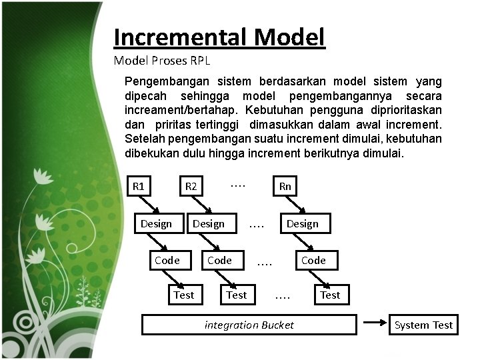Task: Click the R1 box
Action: (x=139, y=186)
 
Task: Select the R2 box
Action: (x=191, y=186)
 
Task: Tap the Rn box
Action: (x=285, y=186)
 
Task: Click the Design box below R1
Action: (x=156, y=224)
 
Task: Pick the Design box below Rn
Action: (x=302, y=224)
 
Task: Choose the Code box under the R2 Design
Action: (x=219, y=260)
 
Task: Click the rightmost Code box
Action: (x=313, y=260)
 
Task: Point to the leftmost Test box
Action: (x=183, y=295)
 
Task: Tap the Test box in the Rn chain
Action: (x=330, y=295)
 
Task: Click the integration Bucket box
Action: (x=249, y=325)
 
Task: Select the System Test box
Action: (x=423, y=325)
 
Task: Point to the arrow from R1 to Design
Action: (x=147, y=205)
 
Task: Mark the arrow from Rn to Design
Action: (x=293, y=205)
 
